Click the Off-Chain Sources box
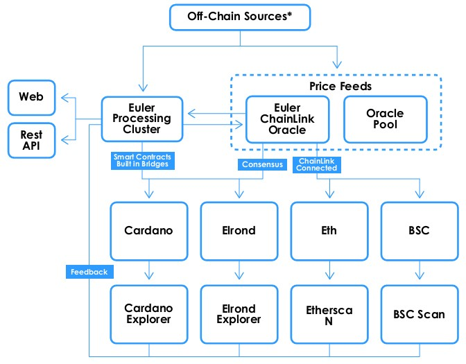pos(240,17)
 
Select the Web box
pos(31,98)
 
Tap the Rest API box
pos(31,140)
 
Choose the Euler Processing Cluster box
pos(141,119)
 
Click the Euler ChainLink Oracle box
pos(287,119)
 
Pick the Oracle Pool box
pos(385,119)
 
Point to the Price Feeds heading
pos(340,86)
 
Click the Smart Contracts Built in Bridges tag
pos(143,160)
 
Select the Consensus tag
pos(262,164)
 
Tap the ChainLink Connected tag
pos(316,164)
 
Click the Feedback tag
pos(89,272)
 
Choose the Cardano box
pos(149,231)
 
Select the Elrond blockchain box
pos(239,231)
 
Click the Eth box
pos(329,231)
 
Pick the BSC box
pos(420,231)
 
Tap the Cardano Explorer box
pos(149,314)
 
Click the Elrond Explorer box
pos(239,314)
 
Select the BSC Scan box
pos(420,314)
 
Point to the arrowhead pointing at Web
pos(64,98)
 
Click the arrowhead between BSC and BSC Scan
pos(420,275)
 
